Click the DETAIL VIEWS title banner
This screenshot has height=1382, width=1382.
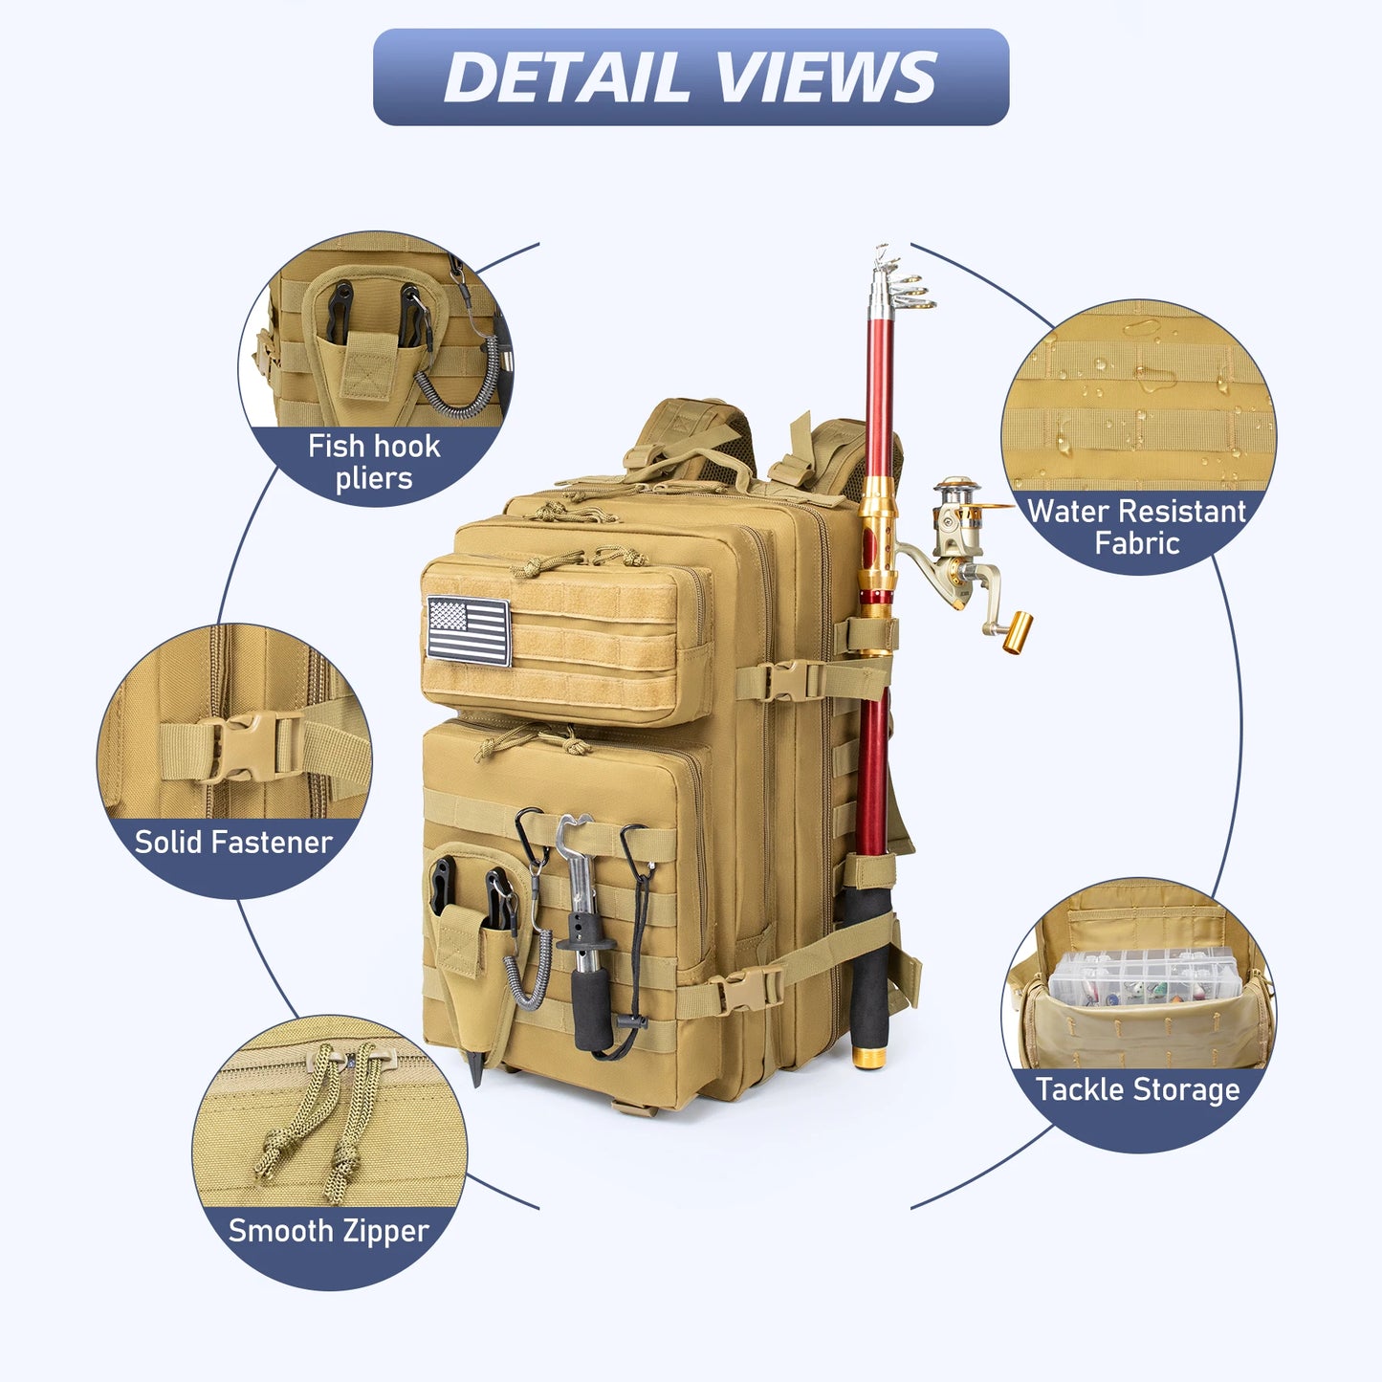[x=691, y=77]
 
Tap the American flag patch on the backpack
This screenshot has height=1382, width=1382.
[x=469, y=630]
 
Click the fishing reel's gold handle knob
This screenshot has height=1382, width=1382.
[x=1018, y=632]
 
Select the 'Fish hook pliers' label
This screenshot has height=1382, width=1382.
[x=374, y=462]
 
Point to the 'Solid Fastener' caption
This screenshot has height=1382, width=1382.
[x=233, y=842]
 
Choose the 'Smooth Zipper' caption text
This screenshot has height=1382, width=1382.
[x=328, y=1230]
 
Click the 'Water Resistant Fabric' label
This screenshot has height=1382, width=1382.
[x=1136, y=527]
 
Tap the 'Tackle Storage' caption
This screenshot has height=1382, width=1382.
[x=1137, y=1089]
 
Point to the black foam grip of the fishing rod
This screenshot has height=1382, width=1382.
[x=868, y=966]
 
